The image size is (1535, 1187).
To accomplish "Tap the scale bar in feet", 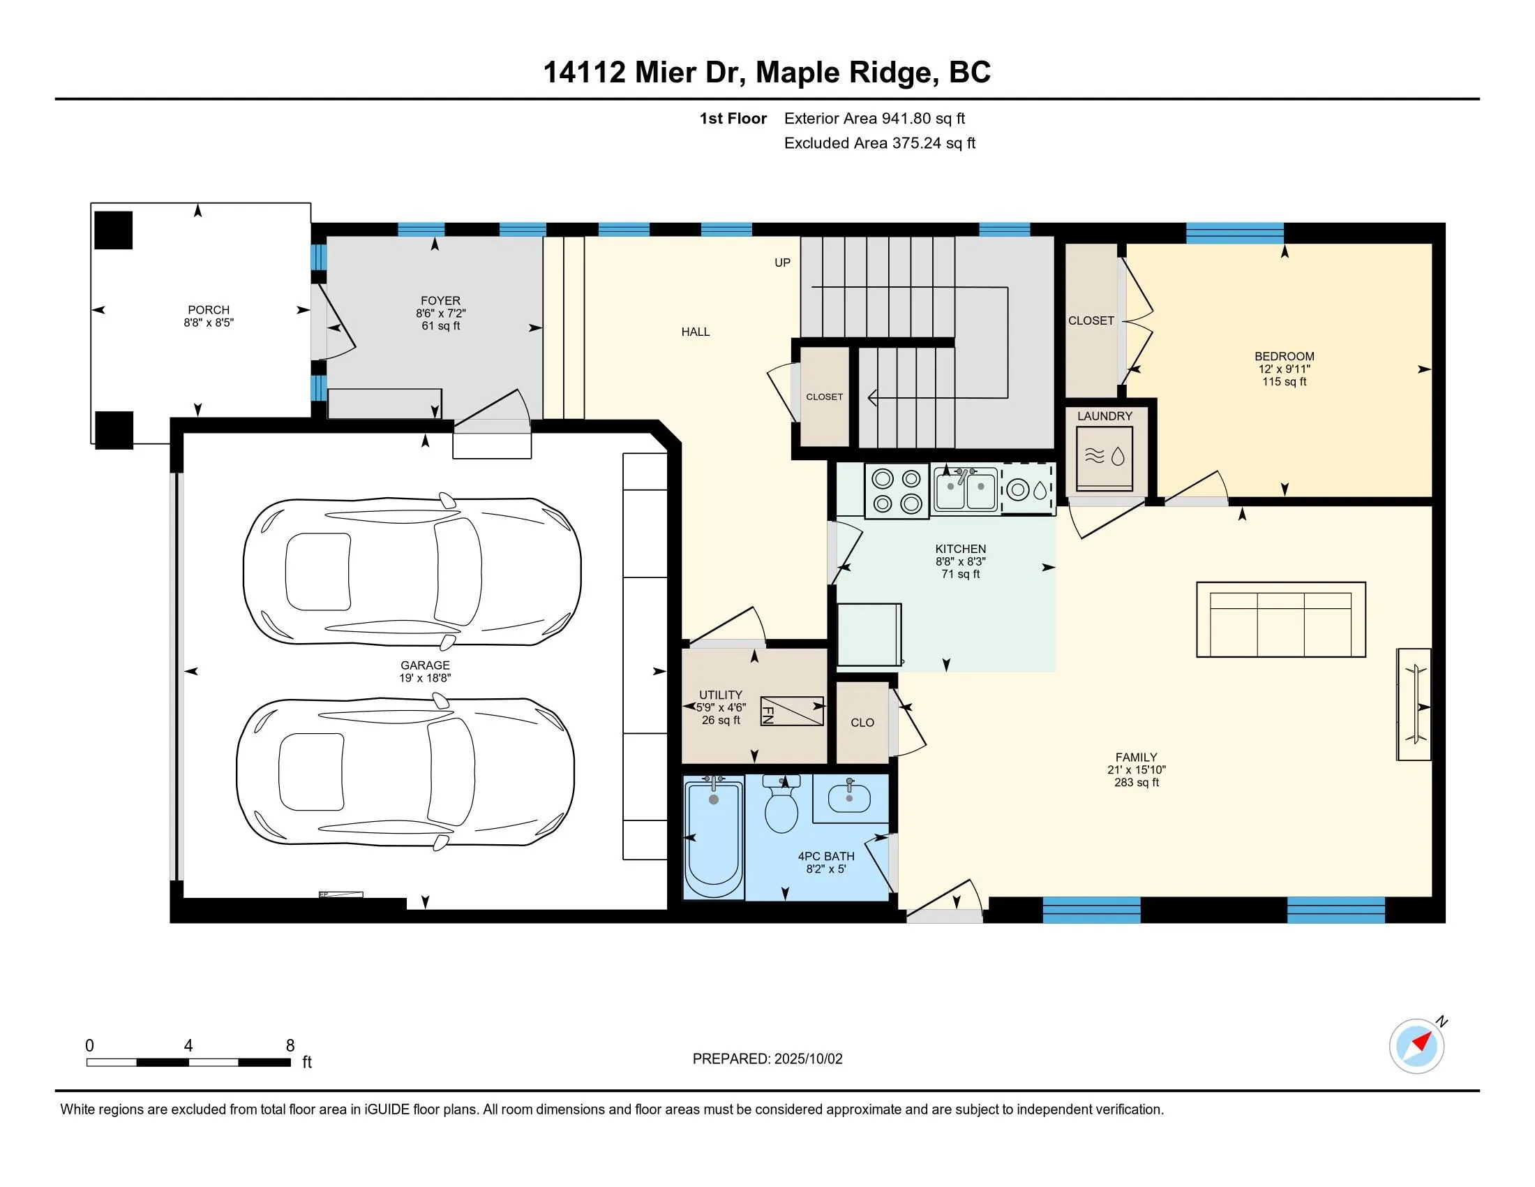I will coord(188,1062).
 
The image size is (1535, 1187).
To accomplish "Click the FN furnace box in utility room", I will coord(791,712).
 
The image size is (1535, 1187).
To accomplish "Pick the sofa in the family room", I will coord(1280,619).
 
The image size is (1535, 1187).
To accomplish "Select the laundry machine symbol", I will coord(1105,458).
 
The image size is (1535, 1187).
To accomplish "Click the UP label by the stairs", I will coord(782,263).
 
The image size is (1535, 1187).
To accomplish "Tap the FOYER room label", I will coord(441,300).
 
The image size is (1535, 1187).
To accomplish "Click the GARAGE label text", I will coord(424,665).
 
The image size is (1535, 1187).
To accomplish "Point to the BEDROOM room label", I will coord(1284,357).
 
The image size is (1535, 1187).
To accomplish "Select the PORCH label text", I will coord(208,310).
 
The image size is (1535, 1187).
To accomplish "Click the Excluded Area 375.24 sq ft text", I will coord(879,143).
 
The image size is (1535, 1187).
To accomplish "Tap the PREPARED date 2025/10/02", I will coord(767,1059).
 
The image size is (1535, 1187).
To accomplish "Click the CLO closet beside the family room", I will coord(862,723).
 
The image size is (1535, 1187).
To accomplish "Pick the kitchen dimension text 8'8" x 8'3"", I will coord(960,562).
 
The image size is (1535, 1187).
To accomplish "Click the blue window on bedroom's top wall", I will coord(1234,233).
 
